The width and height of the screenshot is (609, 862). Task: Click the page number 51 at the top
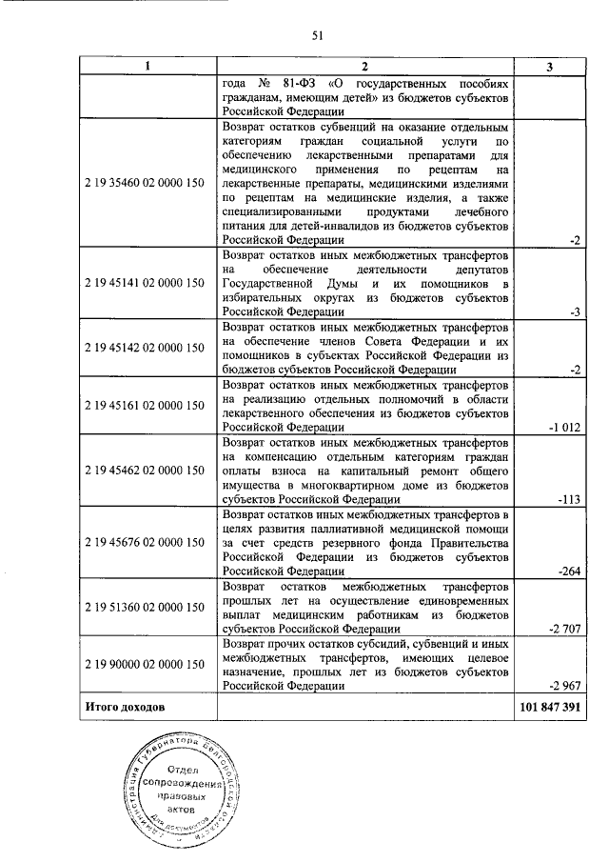coord(318,36)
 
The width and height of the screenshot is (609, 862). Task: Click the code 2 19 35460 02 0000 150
coord(147,183)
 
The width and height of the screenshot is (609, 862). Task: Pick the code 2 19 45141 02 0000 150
coord(147,283)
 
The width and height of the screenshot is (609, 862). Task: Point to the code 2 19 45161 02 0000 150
coord(147,405)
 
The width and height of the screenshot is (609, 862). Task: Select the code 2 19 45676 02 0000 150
coord(147,541)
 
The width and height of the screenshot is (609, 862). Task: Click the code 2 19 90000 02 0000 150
coord(147,663)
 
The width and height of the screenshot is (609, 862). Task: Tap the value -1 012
coord(562,428)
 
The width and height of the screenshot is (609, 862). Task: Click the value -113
coord(567,496)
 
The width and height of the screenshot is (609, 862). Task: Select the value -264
coord(567,571)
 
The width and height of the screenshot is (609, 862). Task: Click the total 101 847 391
coord(550,710)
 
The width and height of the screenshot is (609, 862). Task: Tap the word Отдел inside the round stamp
coord(183,770)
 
